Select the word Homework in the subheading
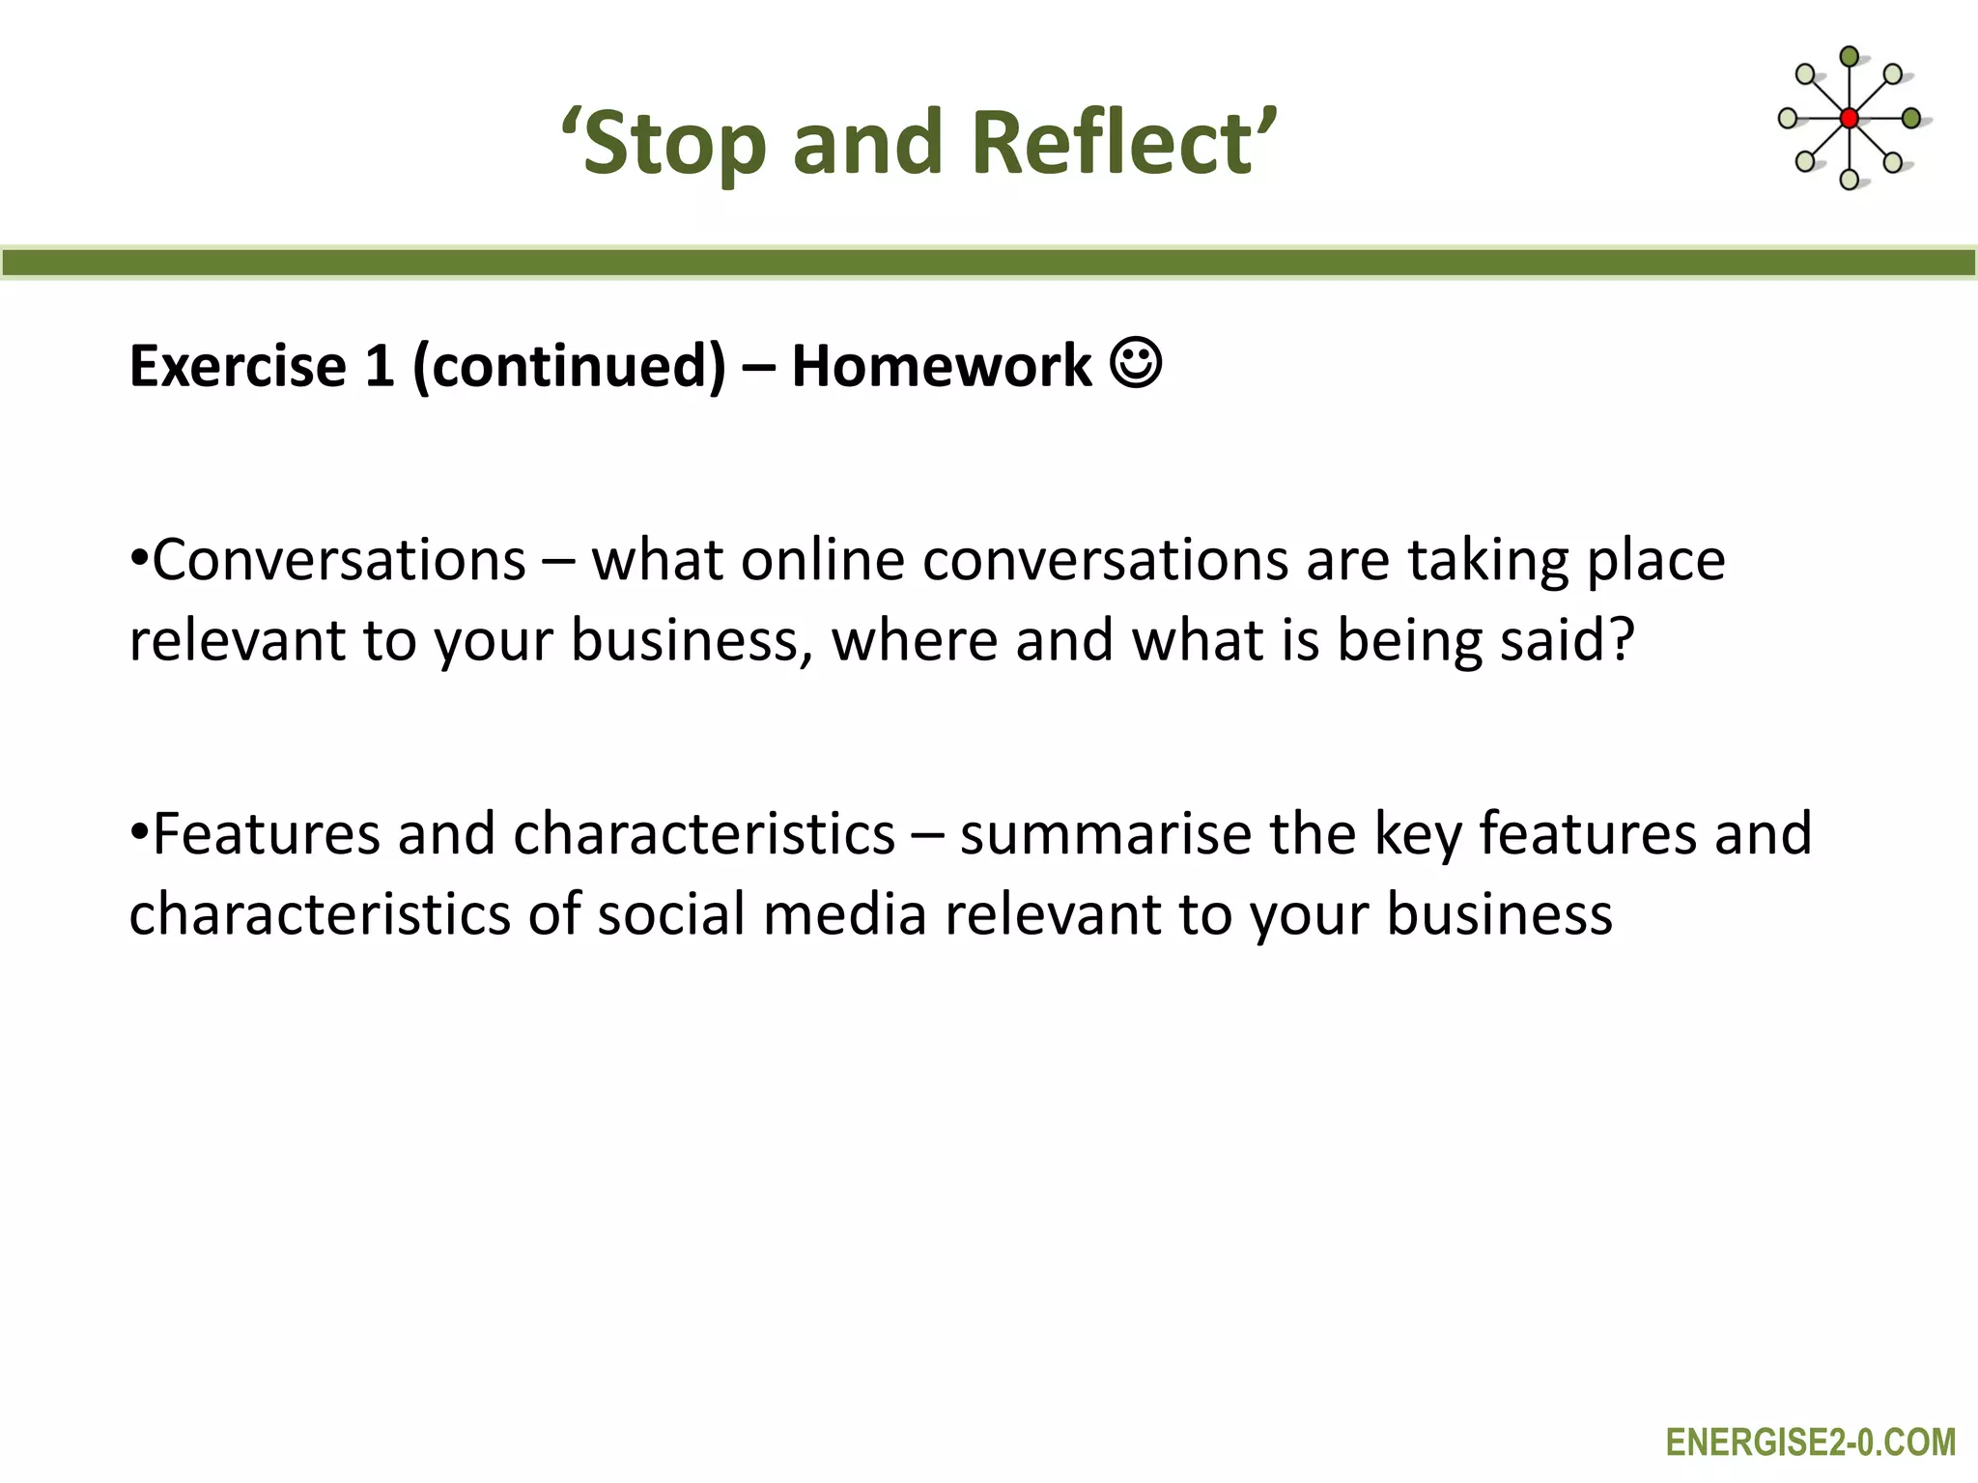pyautogui.click(x=941, y=367)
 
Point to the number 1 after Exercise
pyautogui.click(x=380, y=367)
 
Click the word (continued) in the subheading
pyautogui.click(x=569, y=367)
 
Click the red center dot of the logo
pyautogui.click(x=1849, y=119)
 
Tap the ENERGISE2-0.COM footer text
pyautogui.click(x=1810, y=1442)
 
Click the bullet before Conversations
pyautogui.click(x=139, y=560)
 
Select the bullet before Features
pyautogui.click(x=139, y=832)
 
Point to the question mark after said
pyautogui.click(x=1622, y=640)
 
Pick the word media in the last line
pyautogui.click(x=845, y=914)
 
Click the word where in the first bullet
pyautogui.click(x=914, y=640)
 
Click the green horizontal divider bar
pyautogui.click(x=989, y=263)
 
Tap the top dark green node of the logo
pyautogui.click(x=1849, y=57)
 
